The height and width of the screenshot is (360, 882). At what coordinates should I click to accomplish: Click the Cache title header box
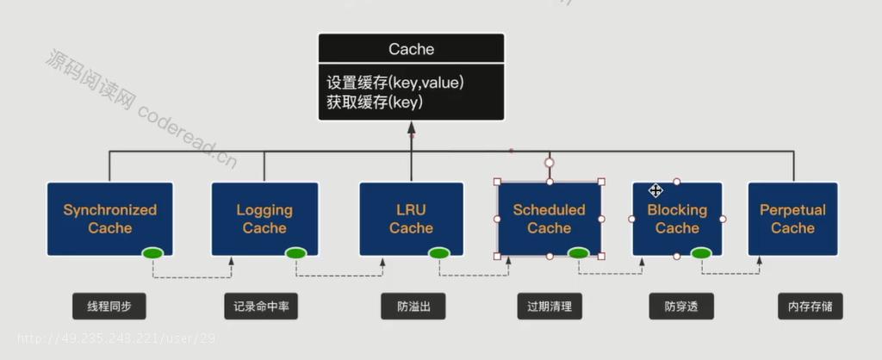(x=411, y=48)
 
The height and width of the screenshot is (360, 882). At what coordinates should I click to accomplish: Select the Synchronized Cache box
(x=109, y=219)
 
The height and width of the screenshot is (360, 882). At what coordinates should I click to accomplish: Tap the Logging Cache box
(x=264, y=219)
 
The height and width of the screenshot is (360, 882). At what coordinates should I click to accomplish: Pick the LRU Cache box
(x=411, y=219)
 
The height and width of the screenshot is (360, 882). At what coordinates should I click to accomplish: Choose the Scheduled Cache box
(x=549, y=219)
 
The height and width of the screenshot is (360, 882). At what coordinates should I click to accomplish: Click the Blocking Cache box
(x=677, y=219)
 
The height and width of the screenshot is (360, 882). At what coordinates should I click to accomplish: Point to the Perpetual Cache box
(x=792, y=219)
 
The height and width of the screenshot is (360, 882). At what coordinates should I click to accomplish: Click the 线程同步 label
(x=109, y=307)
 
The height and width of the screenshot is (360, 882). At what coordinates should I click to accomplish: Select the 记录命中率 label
(x=261, y=307)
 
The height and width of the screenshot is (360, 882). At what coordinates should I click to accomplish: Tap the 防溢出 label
(x=413, y=307)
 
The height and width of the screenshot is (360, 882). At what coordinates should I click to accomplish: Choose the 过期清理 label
(x=550, y=307)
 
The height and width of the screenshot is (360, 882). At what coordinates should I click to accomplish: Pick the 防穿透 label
(x=681, y=307)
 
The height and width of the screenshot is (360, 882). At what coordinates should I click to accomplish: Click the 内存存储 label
(x=811, y=307)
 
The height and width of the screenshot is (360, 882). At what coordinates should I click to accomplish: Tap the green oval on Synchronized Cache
(x=152, y=253)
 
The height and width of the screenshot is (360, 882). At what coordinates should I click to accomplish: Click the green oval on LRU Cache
(x=438, y=253)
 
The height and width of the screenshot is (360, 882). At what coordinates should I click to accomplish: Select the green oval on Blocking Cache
(x=701, y=253)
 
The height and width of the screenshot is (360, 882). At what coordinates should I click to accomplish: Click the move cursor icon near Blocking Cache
(x=655, y=190)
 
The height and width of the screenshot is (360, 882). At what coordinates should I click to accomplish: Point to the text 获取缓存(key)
(x=375, y=102)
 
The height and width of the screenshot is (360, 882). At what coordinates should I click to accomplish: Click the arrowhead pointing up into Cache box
(x=411, y=127)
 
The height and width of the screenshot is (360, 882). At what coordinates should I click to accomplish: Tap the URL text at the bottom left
(x=116, y=338)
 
